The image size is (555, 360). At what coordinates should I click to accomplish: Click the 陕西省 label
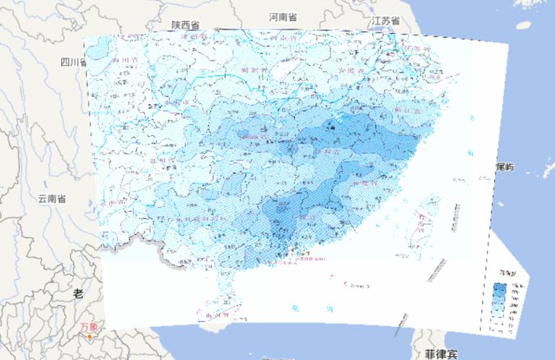point(185,25)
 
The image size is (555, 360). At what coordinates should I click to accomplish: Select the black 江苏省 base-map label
point(386,22)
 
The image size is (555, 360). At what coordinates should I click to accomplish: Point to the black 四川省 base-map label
point(74,61)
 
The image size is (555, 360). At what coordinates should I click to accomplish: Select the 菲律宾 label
point(441,354)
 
